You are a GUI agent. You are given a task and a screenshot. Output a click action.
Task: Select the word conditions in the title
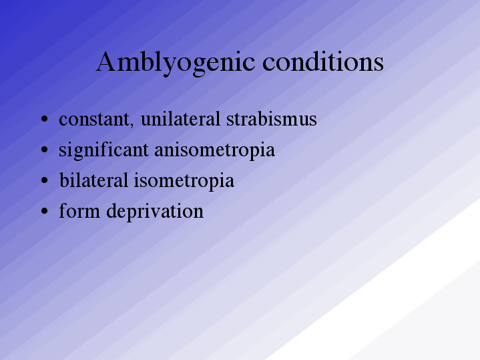point(323,61)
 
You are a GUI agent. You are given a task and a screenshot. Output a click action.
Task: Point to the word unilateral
point(180,118)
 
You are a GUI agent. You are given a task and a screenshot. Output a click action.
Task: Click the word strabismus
point(272,118)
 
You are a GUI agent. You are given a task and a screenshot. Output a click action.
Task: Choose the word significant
point(103,150)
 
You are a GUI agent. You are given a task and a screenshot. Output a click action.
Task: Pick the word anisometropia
point(214,150)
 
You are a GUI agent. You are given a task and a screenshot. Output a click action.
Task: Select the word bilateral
point(93,180)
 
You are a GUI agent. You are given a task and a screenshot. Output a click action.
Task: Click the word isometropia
point(184,181)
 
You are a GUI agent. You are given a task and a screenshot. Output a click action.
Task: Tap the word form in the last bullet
point(79,210)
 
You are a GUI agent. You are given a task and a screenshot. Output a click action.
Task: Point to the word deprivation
point(155,212)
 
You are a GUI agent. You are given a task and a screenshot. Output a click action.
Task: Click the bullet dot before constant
point(44,119)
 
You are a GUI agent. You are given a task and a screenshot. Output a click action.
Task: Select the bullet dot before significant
point(44,150)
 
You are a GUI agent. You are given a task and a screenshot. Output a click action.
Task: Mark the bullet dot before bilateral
point(44,180)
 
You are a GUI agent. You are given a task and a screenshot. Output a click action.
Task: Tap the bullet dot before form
point(44,211)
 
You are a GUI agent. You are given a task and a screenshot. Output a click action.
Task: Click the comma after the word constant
point(132,125)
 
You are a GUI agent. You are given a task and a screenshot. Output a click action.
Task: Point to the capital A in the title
point(105,61)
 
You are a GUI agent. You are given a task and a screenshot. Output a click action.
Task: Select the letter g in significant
point(78,153)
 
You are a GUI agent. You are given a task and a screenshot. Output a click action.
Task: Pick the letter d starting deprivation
point(111,210)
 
